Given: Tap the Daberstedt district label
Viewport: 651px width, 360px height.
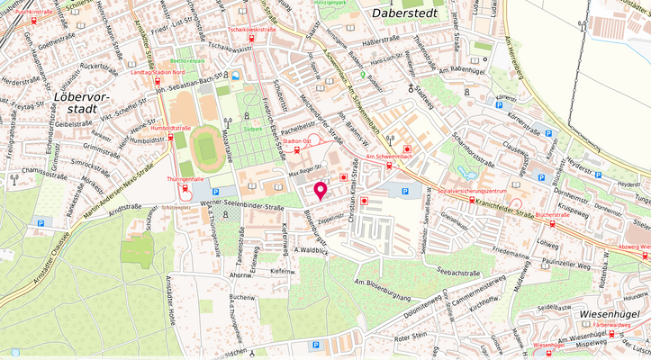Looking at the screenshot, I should coord(402,13).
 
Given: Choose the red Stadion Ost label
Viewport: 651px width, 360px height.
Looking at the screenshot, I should coord(296,141).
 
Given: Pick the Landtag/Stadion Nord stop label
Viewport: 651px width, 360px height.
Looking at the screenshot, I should coord(159,72).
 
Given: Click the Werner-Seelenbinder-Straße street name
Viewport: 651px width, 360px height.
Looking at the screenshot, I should coord(241,205).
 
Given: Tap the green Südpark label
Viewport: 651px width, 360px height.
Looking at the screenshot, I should coord(252,130).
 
